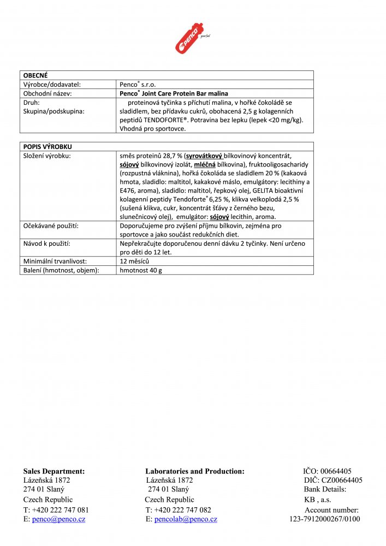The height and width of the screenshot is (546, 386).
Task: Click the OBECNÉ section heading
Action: coord(35,75)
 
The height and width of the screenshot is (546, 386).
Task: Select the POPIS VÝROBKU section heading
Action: coord(47,147)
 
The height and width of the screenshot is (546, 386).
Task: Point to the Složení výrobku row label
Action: coord(47,156)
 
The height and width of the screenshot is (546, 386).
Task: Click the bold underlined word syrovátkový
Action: coord(204,156)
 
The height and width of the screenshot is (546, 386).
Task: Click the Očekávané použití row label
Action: coord(50,225)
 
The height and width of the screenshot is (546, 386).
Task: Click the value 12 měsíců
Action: coord(134,261)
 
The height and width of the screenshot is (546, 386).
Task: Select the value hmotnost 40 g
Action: coord(141,270)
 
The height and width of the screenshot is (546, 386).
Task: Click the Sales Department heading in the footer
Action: coord(54,471)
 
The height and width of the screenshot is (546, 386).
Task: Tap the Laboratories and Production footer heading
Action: coord(195,471)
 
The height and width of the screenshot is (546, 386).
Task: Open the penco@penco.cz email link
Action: coord(58,519)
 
